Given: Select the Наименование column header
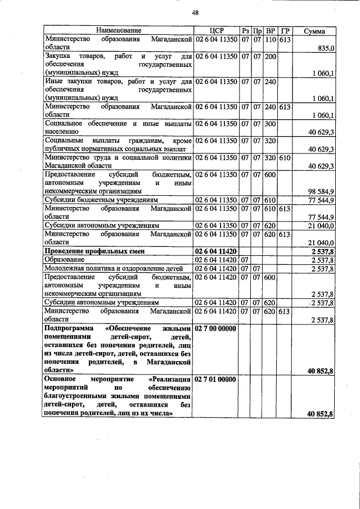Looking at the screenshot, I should click(x=118, y=30).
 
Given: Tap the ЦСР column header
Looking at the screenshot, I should click(x=216, y=30).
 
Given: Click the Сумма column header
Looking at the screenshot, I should click(x=314, y=30).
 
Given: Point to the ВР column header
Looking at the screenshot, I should click(x=271, y=30).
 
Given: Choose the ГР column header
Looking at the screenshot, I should click(x=285, y=30).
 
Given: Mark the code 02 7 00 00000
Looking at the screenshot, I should click(x=216, y=327).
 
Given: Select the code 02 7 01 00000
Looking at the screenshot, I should click(x=216, y=380).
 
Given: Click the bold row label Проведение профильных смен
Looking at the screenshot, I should click(x=92, y=251).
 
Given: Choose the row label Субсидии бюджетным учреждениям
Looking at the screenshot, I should click(x=101, y=200).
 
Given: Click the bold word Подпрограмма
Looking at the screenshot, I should click(x=68, y=327).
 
